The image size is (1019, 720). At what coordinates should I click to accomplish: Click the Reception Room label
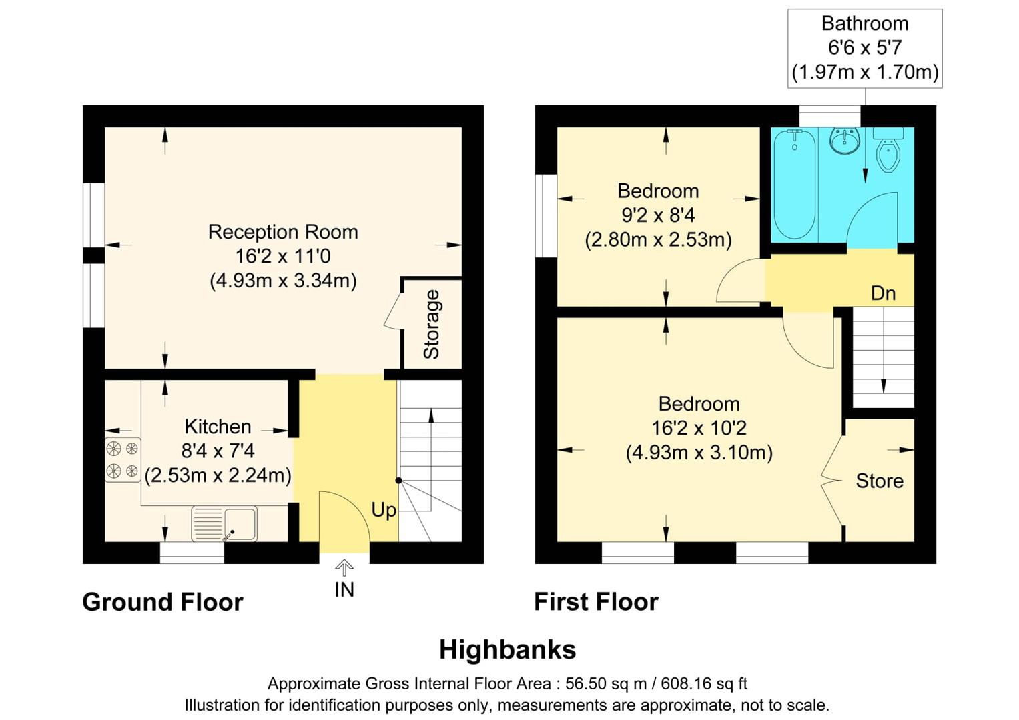coord(283,232)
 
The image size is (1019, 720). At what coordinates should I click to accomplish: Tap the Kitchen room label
coord(218,427)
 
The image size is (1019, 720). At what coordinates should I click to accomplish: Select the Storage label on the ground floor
coord(432,325)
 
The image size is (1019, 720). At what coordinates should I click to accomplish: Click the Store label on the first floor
coord(880,481)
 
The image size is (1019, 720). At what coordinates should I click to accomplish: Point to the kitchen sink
coord(224,524)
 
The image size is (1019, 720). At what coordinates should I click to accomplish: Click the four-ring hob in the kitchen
coord(123,459)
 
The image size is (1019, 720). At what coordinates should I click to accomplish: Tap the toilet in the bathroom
coord(888,152)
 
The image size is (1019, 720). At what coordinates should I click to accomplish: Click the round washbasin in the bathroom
coord(844,141)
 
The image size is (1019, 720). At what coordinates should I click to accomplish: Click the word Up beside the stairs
coord(384,510)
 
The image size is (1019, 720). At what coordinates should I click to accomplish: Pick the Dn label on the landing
coord(883,293)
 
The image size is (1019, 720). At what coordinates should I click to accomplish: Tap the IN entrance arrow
coord(344,568)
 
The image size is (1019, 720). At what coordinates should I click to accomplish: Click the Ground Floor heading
coord(163,602)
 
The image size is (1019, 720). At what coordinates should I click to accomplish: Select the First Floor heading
coord(596,602)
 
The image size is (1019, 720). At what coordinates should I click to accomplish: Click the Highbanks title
coord(507,649)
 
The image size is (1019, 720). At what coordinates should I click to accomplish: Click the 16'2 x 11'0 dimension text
coord(283,256)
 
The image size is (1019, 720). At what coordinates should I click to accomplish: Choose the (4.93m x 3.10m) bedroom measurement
coord(699,453)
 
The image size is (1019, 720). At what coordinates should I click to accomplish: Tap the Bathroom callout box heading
coord(865,23)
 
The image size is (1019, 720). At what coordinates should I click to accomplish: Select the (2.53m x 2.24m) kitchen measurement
coord(218,475)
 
